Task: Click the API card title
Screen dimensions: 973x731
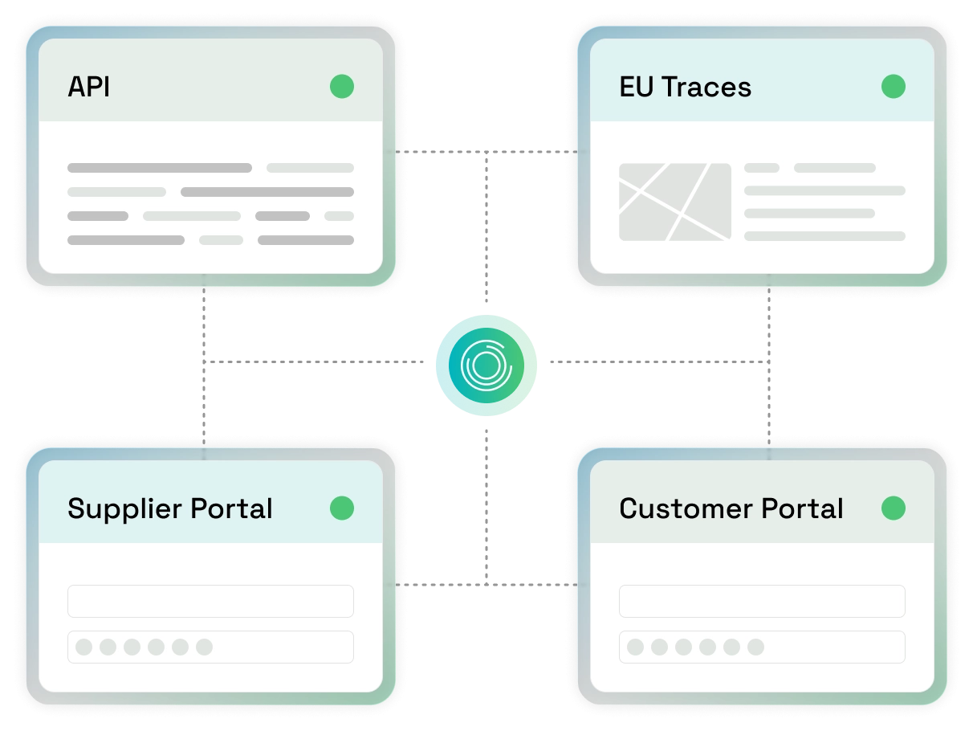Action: pyautogui.click(x=88, y=87)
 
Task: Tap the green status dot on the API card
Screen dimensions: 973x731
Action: pyautogui.click(x=342, y=86)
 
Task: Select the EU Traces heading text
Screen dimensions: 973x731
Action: pyautogui.click(x=686, y=87)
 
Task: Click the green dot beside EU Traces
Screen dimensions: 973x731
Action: pyautogui.click(x=894, y=86)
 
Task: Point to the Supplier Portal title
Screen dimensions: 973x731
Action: pyautogui.click(x=169, y=509)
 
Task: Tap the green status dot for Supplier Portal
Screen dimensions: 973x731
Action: pyautogui.click(x=342, y=508)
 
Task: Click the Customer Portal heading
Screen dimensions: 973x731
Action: pyautogui.click(x=731, y=508)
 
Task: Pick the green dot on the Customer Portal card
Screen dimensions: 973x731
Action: pyautogui.click(x=894, y=508)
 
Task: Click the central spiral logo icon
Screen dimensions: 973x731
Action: pyautogui.click(x=486, y=365)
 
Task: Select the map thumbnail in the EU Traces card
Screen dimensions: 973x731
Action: pyautogui.click(x=675, y=202)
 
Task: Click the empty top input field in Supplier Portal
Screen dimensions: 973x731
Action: pyautogui.click(x=210, y=601)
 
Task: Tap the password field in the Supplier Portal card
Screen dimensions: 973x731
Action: pyautogui.click(x=210, y=647)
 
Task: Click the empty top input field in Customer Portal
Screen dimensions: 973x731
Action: pyautogui.click(x=762, y=601)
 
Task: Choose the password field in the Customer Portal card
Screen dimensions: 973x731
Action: pyautogui.click(x=762, y=647)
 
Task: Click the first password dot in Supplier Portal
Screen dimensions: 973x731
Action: pyautogui.click(x=83, y=647)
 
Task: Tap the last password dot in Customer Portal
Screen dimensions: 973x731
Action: pyautogui.click(x=755, y=647)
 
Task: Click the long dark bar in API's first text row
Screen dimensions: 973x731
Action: pyautogui.click(x=160, y=168)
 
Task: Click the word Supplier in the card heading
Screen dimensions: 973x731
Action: pyautogui.click(x=124, y=509)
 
